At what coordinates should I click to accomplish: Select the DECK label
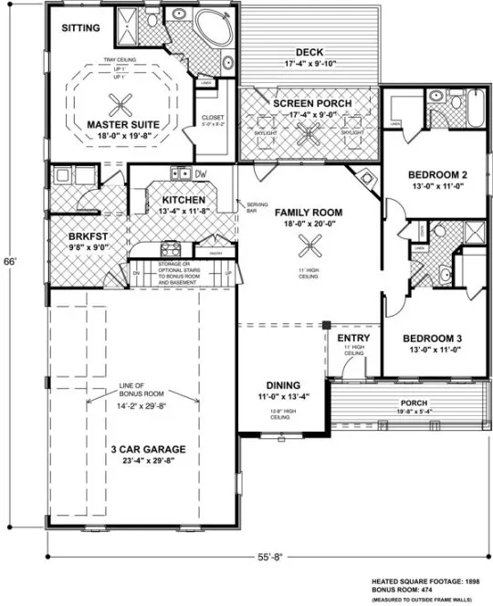311,52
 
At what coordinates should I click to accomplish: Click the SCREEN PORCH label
311,104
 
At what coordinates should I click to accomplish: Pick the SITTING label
81,28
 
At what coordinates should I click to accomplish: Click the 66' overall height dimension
11,262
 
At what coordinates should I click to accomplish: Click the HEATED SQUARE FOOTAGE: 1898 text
425,580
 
